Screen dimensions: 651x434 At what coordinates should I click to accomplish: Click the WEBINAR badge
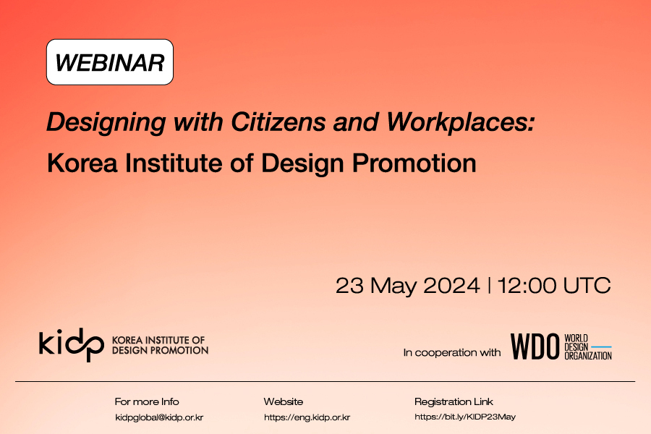[x=110, y=62]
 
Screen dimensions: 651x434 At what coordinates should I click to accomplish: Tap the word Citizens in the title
[x=278, y=122]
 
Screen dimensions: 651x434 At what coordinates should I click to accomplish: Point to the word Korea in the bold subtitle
[x=82, y=163]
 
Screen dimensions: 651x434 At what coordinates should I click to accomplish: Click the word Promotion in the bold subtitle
[x=414, y=163]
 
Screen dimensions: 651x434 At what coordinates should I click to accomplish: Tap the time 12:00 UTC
[x=554, y=285]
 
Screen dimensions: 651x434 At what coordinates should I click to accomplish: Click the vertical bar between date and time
[x=489, y=286]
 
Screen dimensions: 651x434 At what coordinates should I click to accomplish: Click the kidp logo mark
[x=72, y=344]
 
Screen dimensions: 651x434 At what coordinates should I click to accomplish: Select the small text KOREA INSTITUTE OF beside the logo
[x=158, y=340]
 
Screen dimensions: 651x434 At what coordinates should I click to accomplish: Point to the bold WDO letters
[x=535, y=346]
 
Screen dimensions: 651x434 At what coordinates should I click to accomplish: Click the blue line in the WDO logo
[x=601, y=346]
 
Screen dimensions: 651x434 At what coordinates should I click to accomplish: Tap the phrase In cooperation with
[x=451, y=352]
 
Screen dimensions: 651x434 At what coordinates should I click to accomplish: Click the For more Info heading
[x=147, y=401]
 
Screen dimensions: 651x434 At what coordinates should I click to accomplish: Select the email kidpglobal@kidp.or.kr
[x=159, y=417]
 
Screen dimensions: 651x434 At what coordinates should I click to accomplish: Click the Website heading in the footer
[x=284, y=401]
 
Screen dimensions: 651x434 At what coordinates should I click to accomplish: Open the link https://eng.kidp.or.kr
[x=307, y=417]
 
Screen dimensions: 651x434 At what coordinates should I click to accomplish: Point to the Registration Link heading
[x=454, y=401]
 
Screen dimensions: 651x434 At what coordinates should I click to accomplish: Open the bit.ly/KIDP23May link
[x=465, y=417]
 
